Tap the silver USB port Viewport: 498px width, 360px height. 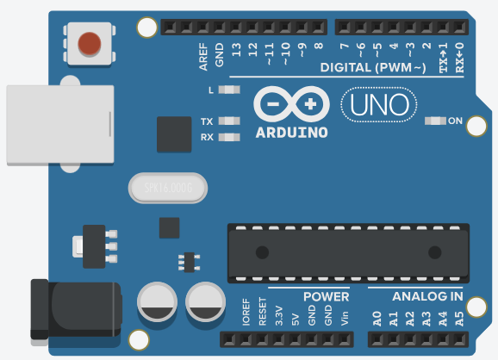59,125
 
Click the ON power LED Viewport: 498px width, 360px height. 435,120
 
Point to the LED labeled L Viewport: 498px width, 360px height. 228,90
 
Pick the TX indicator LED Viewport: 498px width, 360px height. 228,121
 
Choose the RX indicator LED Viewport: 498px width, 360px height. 228,137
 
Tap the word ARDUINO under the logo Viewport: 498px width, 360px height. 291,133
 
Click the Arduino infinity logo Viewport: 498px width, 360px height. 291,104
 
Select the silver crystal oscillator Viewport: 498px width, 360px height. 168,187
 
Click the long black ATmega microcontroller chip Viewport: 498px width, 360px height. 348,252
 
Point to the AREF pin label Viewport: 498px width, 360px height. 203,54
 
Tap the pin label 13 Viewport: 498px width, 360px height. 236,50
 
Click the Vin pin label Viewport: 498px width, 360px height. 345,317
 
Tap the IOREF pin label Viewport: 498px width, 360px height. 246,313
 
